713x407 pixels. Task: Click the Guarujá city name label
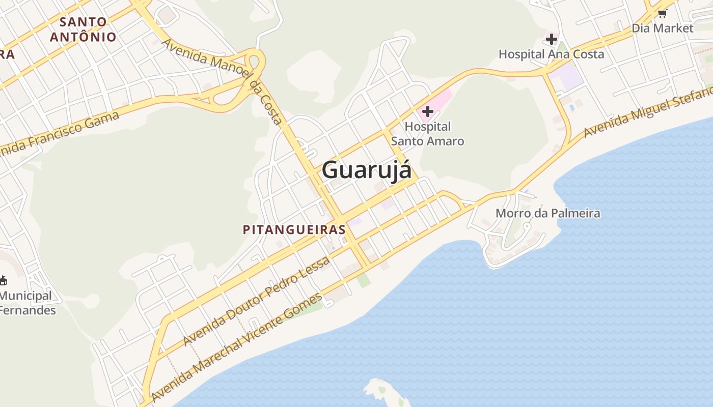tap(366, 170)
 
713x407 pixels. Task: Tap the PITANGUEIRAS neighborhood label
tap(294, 229)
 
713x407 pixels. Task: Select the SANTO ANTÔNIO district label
tap(84, 30)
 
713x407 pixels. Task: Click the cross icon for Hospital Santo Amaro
tap(427, 111)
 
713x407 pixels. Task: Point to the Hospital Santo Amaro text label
tap(427, 134)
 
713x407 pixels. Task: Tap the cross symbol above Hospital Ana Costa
tap(551, 39)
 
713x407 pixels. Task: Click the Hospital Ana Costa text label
tap(551, 54)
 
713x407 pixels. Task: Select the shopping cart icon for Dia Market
tap(662, 14)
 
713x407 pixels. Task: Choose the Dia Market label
tap(662, 28)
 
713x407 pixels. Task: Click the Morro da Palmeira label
tap(547, 213)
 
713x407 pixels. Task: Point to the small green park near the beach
tap(364, 280)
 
